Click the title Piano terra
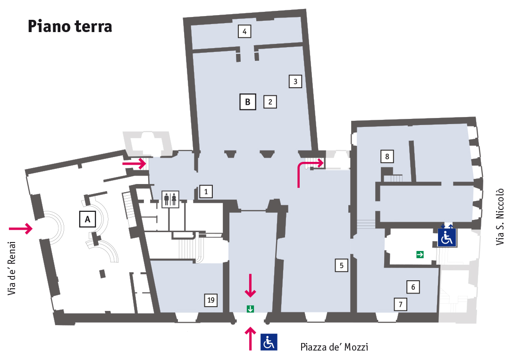coord(70,26)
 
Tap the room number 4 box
coord(244,32)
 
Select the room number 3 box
coord(295,81)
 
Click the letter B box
coord(248,101)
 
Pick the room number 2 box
coord(270,101)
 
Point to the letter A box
coord(87,219)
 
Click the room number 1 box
coord(206,191)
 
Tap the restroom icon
coord(170,199)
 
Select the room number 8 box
coord(387,156)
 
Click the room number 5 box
coord(341,266)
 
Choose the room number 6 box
coord(413,286)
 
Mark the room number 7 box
coord(400,304)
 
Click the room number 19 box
coord(211,300)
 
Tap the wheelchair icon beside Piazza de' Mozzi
coord(269,342)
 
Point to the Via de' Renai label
coord(12,269)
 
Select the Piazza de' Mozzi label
coord(334,347)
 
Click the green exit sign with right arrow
coord(420,255)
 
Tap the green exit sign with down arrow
coord(250,309)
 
